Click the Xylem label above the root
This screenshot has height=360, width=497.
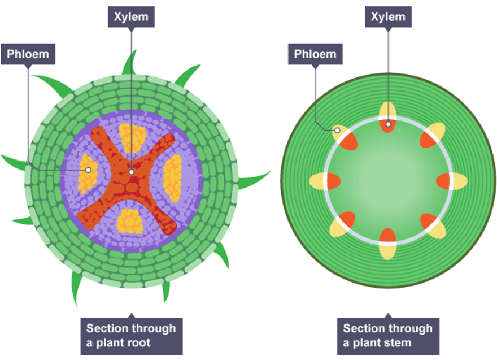point(131,16)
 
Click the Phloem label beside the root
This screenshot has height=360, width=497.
point(28,55)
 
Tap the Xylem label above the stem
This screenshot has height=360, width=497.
point(388,16)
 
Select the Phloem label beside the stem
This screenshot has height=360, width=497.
point(315,55)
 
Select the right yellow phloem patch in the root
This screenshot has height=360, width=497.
point(172,179)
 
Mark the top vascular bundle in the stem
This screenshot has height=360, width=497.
point(388,117)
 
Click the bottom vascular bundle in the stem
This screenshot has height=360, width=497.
point(388,244)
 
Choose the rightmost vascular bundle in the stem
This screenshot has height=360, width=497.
point(452,181)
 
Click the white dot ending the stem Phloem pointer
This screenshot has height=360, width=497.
point(337,131)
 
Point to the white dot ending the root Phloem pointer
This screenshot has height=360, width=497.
point(88,170)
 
